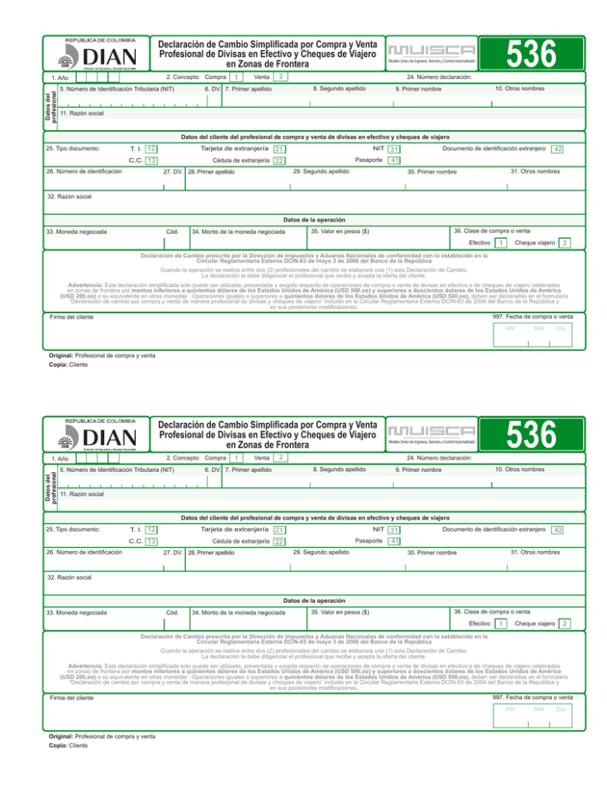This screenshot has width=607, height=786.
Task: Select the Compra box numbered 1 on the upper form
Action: (x=237, y=77)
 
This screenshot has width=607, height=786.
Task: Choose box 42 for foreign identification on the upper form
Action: (x=558, y=149)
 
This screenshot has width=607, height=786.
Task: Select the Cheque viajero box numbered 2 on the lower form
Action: (x=564, y=625)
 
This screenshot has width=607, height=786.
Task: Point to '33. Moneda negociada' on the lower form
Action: (x=77, y=615)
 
